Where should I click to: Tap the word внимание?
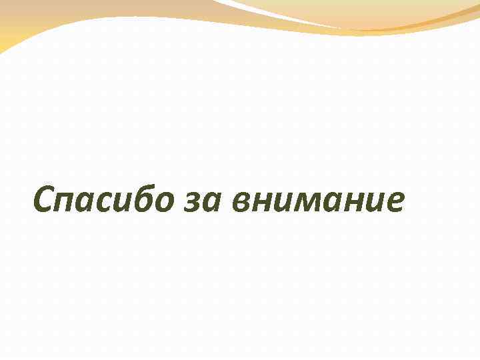(319, 203)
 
